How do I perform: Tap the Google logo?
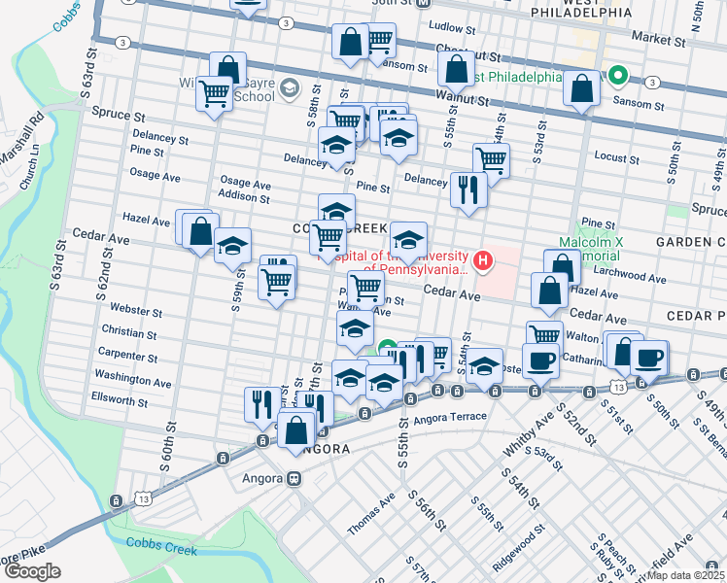pyautogui.click(x=33, y=571)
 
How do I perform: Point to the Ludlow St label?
pyautogui.click(x=450, y=28)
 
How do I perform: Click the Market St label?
pyautogui.click(x=657, y=40)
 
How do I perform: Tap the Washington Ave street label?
pyautogui.click(x=133, y=378)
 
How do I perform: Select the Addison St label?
pyautogui.click(x=244, y=197)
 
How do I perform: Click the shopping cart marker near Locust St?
pyautogui.click(x=491, y=160)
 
